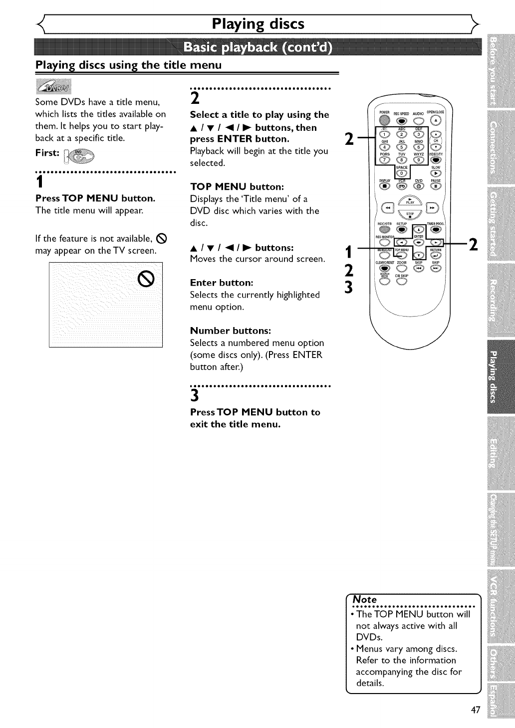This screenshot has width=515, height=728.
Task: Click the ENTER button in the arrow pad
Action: (418, 228)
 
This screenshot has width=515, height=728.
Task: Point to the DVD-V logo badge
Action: (53, 86)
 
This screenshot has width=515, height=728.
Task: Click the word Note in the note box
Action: (365, 599)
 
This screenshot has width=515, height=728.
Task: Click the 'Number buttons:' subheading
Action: (231, 331)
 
